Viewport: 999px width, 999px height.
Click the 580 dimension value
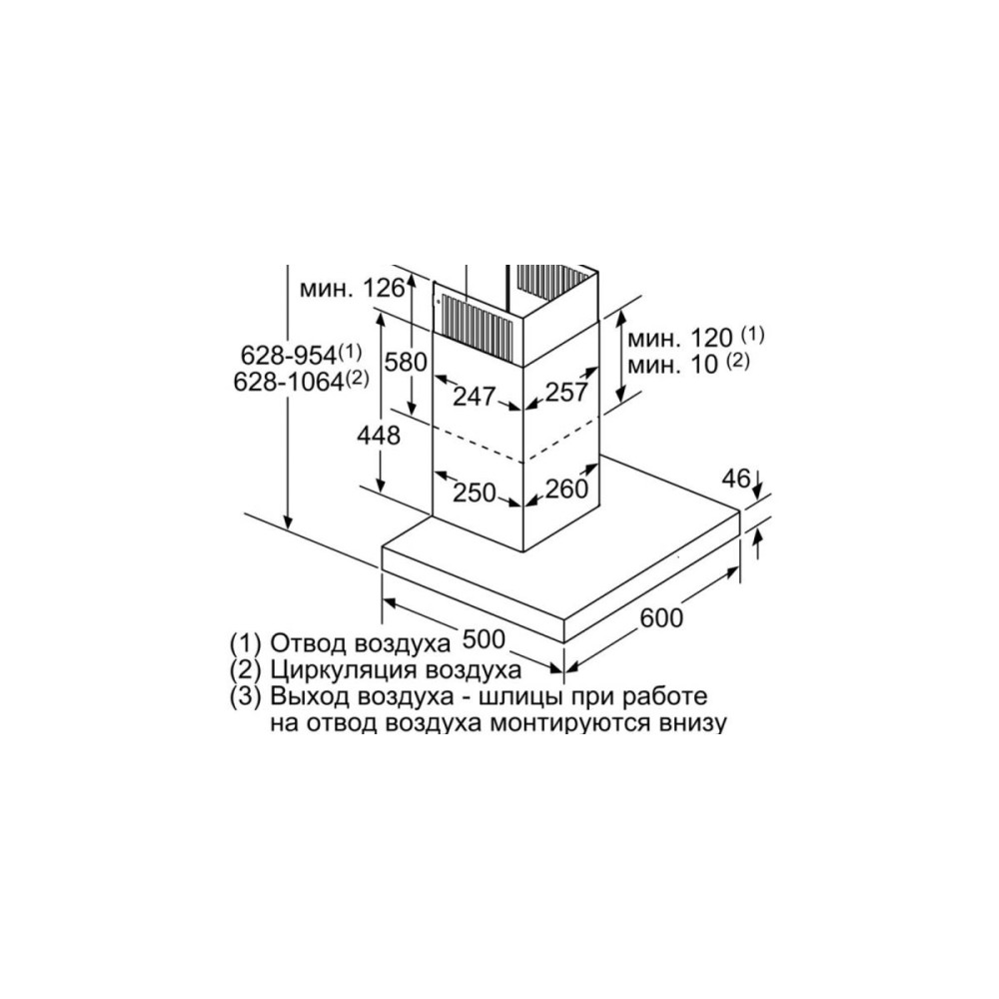click(407, 362)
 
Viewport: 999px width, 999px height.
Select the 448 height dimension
click(379, 436)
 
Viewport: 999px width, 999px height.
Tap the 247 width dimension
click(474, 396)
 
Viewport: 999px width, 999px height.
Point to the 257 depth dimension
click(567, 393)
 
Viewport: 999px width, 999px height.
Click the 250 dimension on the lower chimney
click(475, 492)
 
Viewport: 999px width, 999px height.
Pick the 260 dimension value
click(565, 490)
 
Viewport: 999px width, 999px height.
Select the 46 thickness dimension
click(736, 479)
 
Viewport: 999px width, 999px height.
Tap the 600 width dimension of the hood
click(660, 618)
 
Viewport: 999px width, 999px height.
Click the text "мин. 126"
click(350, 290)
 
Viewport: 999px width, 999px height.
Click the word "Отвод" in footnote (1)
click(307, 640)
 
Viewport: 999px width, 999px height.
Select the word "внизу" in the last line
click(690, 722)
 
